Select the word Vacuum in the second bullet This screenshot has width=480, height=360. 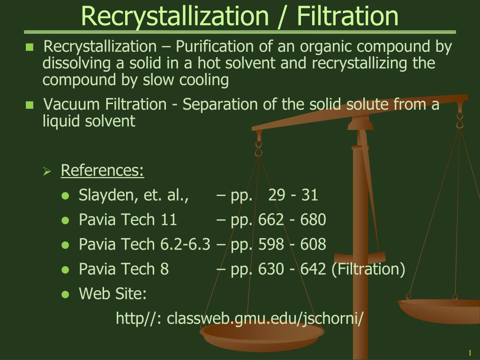tap(72, 104)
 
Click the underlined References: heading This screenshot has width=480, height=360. tap(102, 171)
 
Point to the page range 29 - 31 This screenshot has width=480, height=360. tap(293, 195)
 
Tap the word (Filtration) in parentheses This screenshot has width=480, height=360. tap(368, 269)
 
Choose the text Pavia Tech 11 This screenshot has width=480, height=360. tap(128, 219)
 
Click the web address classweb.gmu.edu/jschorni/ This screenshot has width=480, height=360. tap(265, 319)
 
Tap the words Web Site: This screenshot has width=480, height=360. tap(113, 294)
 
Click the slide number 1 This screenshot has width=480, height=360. tap(469, 352)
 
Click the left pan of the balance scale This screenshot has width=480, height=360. tap(262, 334)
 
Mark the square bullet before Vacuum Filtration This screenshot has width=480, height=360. tap(30, 105)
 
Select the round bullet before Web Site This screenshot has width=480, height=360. tap(66, 295)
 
